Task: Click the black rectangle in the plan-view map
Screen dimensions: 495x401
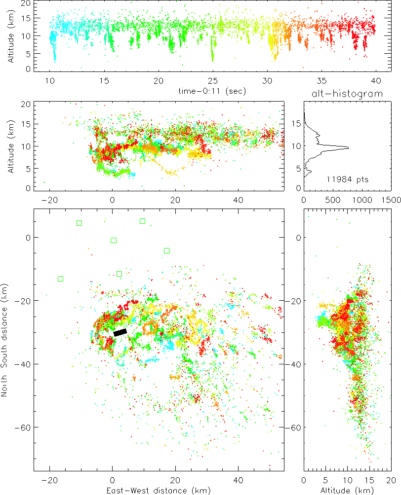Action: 120,333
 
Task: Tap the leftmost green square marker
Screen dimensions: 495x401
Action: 60,279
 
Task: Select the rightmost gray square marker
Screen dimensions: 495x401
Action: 167,250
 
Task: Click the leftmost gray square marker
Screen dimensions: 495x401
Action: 79,223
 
